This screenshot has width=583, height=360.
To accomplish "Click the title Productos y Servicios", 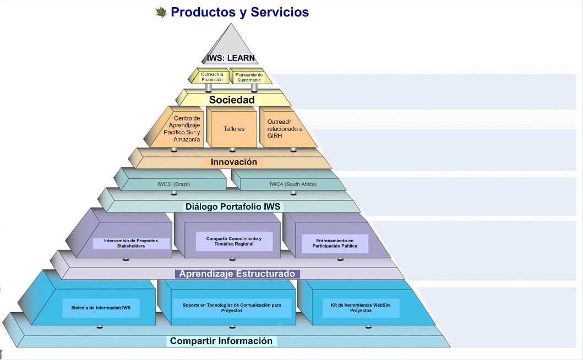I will (239, 12).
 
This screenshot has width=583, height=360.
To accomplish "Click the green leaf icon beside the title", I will (161, 12).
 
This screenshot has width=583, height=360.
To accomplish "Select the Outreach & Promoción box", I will (212, 77).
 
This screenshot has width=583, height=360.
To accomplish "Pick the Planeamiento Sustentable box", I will (249, 77).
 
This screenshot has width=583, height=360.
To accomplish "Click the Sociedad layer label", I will (232, 100).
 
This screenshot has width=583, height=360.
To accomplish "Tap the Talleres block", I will (234, 129).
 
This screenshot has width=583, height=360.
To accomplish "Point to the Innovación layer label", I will (234, 162).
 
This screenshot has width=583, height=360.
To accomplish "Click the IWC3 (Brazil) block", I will (173, 184).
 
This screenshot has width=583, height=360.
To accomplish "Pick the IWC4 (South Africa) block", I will (293, 184).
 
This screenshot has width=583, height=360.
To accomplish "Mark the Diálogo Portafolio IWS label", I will (233, 207).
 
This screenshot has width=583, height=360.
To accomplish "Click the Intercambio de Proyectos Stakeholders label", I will (131, 243).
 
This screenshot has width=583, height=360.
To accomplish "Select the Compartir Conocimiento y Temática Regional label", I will (234, 241).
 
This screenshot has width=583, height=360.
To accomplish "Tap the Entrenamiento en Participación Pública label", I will (335, 243).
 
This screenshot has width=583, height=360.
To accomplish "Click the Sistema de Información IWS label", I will (101, 308).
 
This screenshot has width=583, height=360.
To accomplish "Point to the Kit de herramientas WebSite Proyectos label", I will (361, 308).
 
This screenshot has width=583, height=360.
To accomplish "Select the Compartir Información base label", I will (221, 341).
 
